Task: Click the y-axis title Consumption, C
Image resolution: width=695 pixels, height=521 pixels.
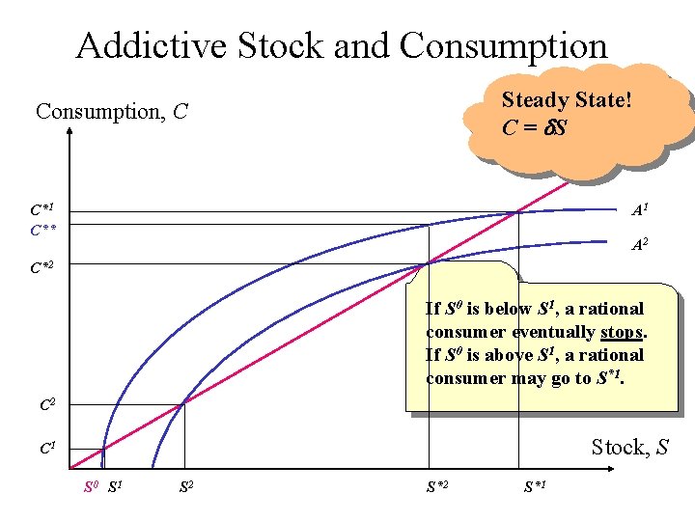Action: click(x=111, y=112)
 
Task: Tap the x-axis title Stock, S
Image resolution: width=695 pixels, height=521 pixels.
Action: click(x=629, y=447)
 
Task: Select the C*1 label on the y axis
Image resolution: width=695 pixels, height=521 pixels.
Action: click(x=42, y=209)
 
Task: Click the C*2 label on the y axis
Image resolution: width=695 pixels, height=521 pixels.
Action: click(x=42, y=264)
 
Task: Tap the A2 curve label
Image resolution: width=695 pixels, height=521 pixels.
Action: click(x=639, y=246)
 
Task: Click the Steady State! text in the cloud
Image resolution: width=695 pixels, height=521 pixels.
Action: click(x=567, y=100)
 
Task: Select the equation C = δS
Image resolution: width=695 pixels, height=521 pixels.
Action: click(x=534, y=127)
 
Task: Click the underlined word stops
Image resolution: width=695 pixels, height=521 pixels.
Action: click(x=622, y=332)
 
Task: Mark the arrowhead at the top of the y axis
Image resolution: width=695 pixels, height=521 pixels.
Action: click(x=70, y=136)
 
